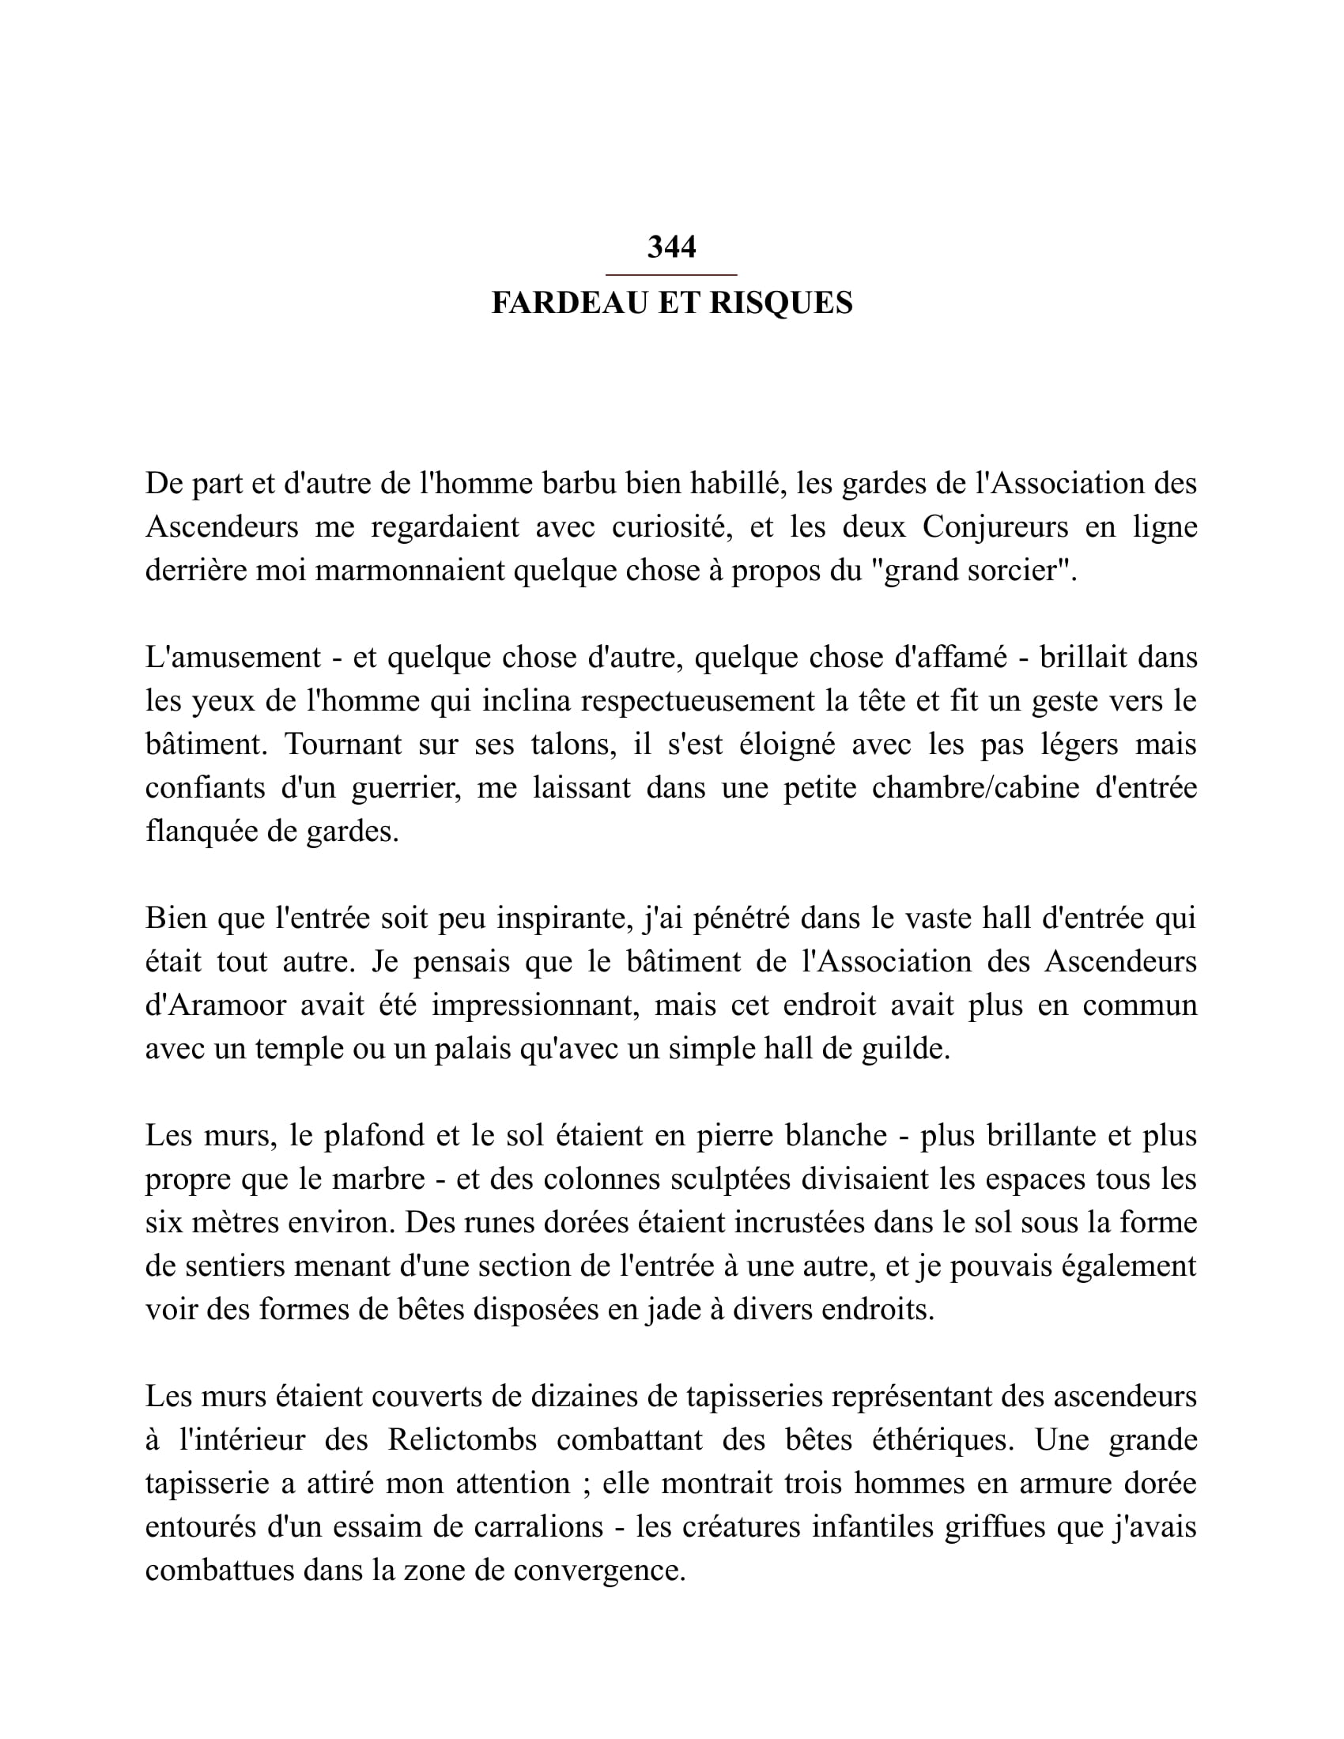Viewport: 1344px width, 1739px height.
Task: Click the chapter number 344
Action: [671, 247]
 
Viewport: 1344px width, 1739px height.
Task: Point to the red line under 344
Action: [671, 275]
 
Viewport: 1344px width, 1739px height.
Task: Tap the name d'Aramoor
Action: [215, 1005]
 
